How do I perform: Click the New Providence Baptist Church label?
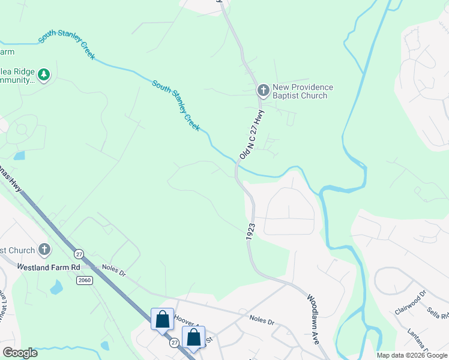pyautogui.click(x=303, y=91)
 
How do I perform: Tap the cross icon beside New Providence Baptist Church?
pyautogui.click(x=262, y=91)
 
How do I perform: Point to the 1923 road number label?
pyautogui.click(x=250, y=233)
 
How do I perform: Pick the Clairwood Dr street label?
pyautogui.click(x=409, y=304)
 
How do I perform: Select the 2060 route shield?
pyautogui.click(x=83, y=280)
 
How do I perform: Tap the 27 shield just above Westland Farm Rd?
pyautogui.click(x=78, y=254)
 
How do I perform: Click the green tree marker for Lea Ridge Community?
pyautogui.click(x=43, y=75)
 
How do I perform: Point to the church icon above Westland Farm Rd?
pyautogui.click(x=44, y=249)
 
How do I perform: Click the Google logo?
pyautogui.click(x=20, y=353)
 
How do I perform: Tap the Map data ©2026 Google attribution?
pyautogui.click(x=411, y=355)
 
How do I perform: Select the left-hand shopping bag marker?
pyautogui.click(x=163, y=320)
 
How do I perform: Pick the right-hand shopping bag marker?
pyautogui.click(x=194, y=338)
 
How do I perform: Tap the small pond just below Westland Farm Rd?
pyautogui.click(x=57, y=288)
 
